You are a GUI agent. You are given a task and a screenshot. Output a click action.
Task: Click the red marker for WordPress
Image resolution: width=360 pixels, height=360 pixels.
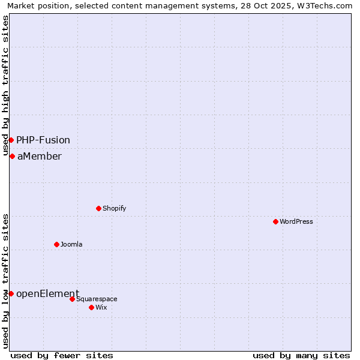pyautogui.click(x=275, y=221)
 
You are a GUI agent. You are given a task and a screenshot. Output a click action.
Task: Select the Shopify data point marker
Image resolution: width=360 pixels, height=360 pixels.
pyautogui.click(x=98, y=208)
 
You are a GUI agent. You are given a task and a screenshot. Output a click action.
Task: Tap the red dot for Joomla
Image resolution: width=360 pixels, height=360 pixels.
pyautogui.click(x=56, y=244)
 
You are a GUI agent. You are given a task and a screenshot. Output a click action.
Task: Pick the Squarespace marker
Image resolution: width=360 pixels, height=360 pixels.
pyautogui.click(x=72, y=299)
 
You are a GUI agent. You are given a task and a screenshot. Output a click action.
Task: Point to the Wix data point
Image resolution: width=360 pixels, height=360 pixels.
pyautogui.click(x=91, y=307)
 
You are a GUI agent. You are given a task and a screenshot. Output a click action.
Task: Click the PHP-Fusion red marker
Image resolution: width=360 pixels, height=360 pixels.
pyautogui.click(x=11, y=140)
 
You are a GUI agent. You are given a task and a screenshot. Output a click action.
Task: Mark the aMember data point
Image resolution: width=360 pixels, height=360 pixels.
pyautogui.click(x=12, y=156)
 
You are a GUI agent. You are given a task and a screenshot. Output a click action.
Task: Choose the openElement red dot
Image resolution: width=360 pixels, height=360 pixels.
pyautogui.click(x=11, y=293)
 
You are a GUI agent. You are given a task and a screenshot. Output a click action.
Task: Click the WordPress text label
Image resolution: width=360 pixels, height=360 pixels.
pyautogui.click(x=296, y=221)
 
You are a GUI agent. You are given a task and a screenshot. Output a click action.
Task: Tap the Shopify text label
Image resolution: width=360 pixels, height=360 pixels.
pyautogui.click(x=115, y=208)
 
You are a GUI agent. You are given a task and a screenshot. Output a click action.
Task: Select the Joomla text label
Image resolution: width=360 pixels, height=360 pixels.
pyautogui.click(x=71, y=244)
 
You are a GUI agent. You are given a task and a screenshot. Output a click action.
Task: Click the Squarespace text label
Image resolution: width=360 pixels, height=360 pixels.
pyautogui.click(x=97, y=299)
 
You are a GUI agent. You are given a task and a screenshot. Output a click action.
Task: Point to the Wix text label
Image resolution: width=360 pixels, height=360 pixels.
pyautogui.click(x=101, y=307)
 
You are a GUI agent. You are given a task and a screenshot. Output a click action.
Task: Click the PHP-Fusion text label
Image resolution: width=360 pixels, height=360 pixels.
pyautogui.click(x=43, y=140)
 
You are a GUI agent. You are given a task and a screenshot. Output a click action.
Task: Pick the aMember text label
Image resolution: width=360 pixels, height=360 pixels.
pyautogui.click(x=40, y=156)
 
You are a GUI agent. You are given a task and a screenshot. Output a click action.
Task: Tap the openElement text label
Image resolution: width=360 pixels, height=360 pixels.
pyautogui.click(x=48, y=293)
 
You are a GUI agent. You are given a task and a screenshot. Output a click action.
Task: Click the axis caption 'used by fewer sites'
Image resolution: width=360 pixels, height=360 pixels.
pyautogui.click(x=62, y=355)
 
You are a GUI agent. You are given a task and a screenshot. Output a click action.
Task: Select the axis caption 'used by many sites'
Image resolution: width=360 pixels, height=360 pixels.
pyautogui.click(x=301, y=355)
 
